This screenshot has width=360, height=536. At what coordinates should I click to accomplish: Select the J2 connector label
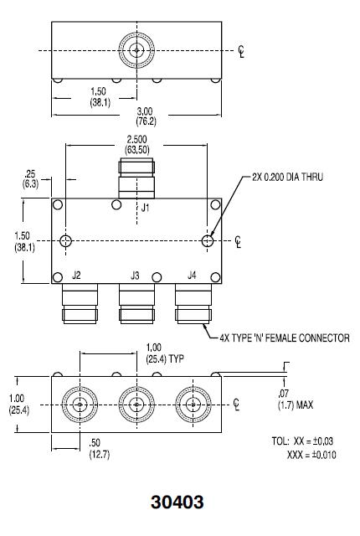point(76,275)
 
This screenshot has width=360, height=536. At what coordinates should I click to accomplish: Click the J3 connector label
point(134,275)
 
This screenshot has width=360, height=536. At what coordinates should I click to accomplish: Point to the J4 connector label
point(192,275)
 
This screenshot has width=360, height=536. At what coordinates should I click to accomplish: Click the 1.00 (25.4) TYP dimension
point(160,353)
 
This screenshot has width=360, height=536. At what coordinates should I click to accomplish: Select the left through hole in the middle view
point(65,241)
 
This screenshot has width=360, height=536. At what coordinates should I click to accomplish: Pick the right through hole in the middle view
point(208,241)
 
